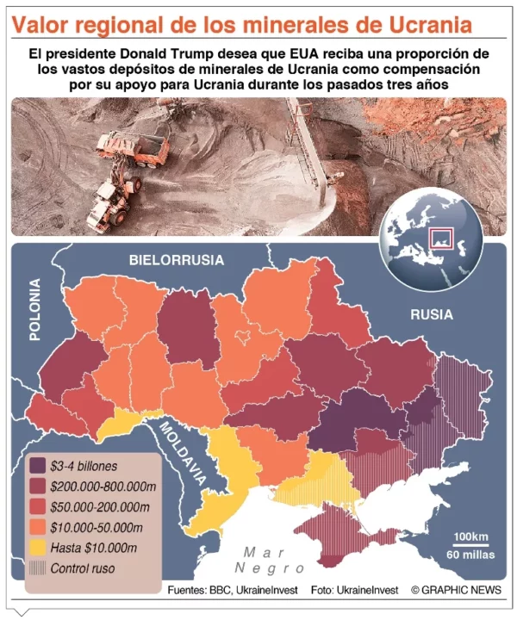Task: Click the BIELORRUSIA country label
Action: pos(176,259)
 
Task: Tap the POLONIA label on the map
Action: pos(35,310)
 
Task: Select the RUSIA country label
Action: pos(431,314)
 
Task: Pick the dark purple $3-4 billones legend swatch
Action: pos(38,466)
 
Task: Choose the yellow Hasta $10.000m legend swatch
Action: pos(38,548)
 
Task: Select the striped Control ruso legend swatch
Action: pos(38,568)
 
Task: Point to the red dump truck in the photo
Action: pos(134,146)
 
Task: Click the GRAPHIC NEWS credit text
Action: pos(456,590)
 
